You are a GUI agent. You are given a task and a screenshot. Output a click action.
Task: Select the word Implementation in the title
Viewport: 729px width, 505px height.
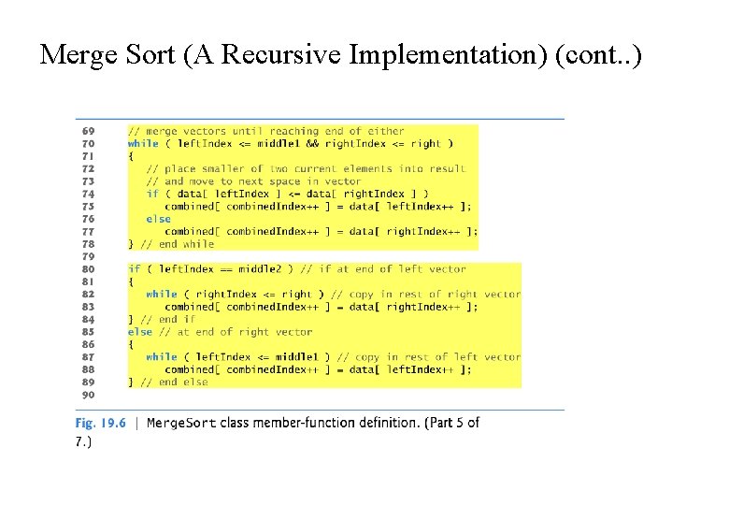click(x=448, y=55)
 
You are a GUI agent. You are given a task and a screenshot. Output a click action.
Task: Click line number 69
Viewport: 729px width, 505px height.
click(x=89, y=131)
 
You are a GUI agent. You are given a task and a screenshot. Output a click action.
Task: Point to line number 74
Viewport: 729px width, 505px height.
click(x=89, y=194)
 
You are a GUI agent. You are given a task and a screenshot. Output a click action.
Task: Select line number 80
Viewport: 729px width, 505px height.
click(x=89, y=268)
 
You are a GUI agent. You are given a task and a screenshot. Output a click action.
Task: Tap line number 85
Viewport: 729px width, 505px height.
click(x=89, y=331)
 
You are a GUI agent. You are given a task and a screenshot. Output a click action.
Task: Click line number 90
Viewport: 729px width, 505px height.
click(x=89, y=394)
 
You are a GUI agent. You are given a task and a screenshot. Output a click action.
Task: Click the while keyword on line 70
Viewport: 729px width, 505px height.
click(x=143, y=143)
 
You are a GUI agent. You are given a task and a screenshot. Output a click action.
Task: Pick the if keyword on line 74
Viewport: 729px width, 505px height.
click(x=152, y=194)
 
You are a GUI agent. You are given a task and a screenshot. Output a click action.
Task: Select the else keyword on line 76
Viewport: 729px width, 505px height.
click(x=158, y=219)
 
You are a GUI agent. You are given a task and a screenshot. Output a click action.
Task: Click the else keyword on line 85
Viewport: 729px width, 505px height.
click(x=140, y=331)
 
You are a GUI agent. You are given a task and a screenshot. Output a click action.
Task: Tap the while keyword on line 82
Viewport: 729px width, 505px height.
click(x=161, y=294)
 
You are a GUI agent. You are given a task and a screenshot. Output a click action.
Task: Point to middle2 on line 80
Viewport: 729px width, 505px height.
click(x=270, y=268)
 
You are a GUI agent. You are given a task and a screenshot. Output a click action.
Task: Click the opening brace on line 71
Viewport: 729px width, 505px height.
click(x=131, y=156)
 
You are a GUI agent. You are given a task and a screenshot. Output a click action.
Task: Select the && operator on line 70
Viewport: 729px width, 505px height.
click(x=313, y=143)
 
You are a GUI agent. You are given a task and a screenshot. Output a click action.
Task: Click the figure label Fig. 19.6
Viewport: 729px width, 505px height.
click(x=100, y=423)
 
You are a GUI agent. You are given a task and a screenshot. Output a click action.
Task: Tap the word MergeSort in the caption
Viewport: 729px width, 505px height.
click(x=182, y=423)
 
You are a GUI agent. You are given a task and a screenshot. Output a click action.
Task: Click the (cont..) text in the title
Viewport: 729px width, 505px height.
click(x=598, y=55)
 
